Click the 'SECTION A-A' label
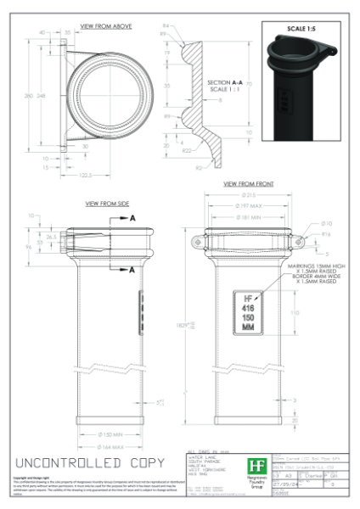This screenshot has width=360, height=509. [x=223, y=82]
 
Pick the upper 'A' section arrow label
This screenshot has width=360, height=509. [x=132, y=218]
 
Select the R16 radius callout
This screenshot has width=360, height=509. [x=326, y=233]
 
